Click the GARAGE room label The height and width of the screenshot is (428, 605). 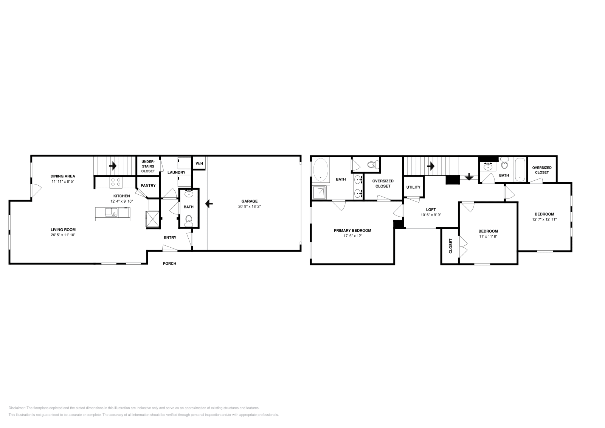pyautogui.click(x=250, y=201)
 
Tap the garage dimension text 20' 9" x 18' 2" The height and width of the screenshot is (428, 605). pyautogui.click(x=250, y=206)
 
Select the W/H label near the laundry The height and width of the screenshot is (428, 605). pyautogui.click(x=199, y=164)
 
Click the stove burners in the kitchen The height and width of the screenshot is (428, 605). pyautogui.click(x=116, y=182)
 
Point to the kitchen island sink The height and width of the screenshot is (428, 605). pyautogui.click(x=113, y=213)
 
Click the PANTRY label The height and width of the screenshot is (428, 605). pyautogui.click(x=148, y=185)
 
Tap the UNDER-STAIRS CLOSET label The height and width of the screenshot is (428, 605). pyautogui.click(x=148, y=166)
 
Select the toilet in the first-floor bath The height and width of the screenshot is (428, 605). pyautogui.click(x=189, y=220)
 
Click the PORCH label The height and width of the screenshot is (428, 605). pyautogui.click(x=169, y=264)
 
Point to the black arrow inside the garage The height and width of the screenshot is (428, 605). pyautogui.click(x=209, y=204)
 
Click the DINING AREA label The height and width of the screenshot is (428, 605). pyautogui.click(x=63, y=176)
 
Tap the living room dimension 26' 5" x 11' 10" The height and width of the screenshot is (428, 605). pyautogui.click(x=63, y=235)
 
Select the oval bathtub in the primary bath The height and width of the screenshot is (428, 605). pyautogui.click(x=321, y=169)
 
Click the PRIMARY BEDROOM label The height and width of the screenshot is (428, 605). pyautogui.click(x=352, y=230)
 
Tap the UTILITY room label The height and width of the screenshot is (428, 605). pyautogui.click(x=413, y=187)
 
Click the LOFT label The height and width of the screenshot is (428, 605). pyautogui.click(x=431, y=209)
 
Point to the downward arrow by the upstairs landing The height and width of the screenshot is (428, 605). pyautogui.click(x=469, y=177)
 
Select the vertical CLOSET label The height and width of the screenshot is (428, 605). pyautogui.click(x=450, y=246)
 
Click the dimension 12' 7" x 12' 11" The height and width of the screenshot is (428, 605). pyautogui.click(x=544, y=219)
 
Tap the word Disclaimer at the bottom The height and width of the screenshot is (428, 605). pyautogui.click(x=17, y=408)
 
